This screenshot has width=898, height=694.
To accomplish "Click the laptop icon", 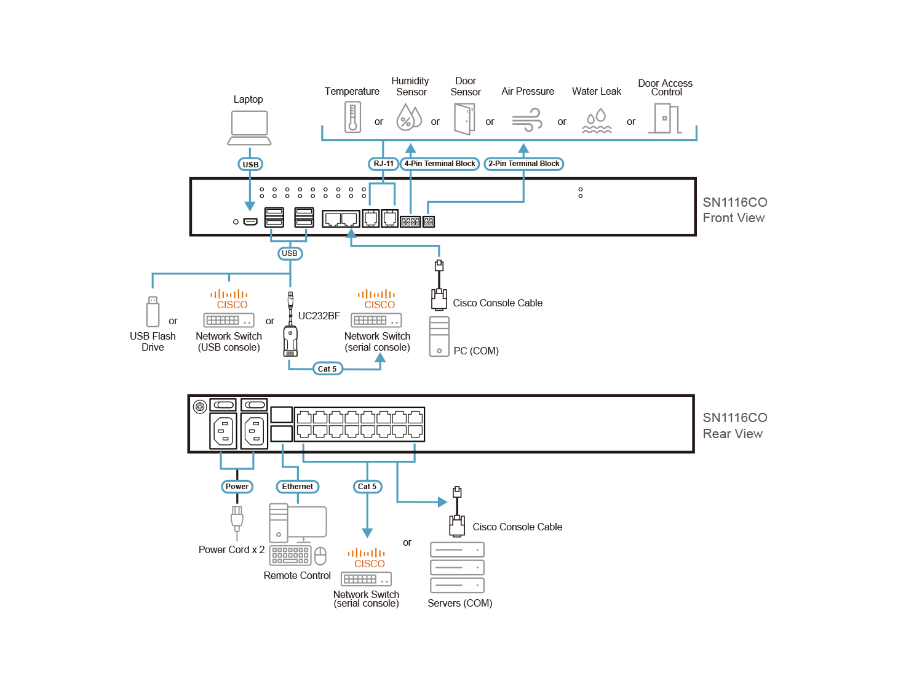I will (x=249, y=127).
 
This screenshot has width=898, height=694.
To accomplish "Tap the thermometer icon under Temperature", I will (x=352, y=117).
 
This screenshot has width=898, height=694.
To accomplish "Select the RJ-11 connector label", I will (x=383, y=164).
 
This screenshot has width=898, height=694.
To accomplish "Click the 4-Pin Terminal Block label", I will (x=440, y=164).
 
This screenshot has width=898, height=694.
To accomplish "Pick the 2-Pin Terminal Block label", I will (x=524, y=164).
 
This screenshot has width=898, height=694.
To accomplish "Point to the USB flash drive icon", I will (x=153, y=311).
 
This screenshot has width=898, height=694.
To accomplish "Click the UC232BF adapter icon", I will (x=290, y=332).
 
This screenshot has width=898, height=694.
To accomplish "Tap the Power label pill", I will (x=237, y=487).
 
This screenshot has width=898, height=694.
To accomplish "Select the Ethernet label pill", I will (x=298, y=487).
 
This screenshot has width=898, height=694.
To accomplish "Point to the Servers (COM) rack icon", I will (x=458, y=567).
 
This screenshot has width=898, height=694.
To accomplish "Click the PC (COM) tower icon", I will (x=439, y=337).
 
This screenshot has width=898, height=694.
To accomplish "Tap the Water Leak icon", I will (x=597, y=121).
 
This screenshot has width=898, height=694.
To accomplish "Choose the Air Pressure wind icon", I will (x=527, y=119).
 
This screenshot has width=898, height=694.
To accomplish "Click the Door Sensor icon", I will (x=464, y=119).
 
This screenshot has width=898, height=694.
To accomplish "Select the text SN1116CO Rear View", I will (x=734, y=426).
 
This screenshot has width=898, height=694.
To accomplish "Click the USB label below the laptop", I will (x=250, y=164).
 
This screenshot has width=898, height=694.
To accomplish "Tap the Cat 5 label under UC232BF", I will (x=327, y=369).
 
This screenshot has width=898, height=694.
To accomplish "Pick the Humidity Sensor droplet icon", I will (x=409, y=116).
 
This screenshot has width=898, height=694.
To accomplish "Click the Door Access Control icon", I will (x=667, y=118).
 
